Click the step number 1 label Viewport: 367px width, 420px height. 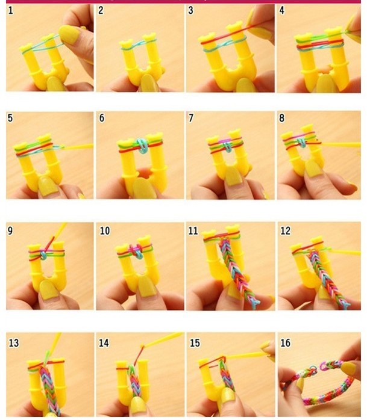point(10,10)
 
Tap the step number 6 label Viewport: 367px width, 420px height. point(102,118)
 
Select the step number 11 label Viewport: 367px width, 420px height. point(193,230)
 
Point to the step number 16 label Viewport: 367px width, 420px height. point(285,342)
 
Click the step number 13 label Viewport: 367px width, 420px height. point(14,342)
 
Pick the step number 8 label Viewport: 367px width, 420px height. point(281,118)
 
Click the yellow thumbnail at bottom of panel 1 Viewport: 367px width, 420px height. point(56,84)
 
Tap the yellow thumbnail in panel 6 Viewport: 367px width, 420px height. point(144,188)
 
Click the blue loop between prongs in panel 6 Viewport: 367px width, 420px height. point(142,146)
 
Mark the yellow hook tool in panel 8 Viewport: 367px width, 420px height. point(340,145)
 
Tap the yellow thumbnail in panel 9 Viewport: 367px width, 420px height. point(49,290)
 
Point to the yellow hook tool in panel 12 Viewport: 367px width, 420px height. point(345,252)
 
